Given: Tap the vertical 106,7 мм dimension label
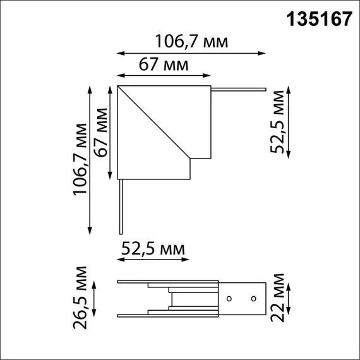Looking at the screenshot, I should point(80,159).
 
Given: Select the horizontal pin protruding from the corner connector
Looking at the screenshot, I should point(239,90).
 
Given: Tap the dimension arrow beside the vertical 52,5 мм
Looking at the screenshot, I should point(289,123).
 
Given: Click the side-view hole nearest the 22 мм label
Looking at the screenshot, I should point(252,297).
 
